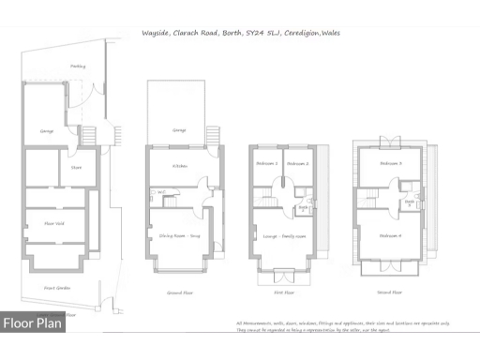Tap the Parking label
click(79, 67)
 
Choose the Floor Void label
click(54, 223)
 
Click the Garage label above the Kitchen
click(179, 130)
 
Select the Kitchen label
click(181, 167)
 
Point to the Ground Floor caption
click(180, 292)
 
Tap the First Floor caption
click(284, 292)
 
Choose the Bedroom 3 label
click(391, 163)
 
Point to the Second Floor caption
click(390, 292)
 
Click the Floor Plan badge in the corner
click(33, 323)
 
